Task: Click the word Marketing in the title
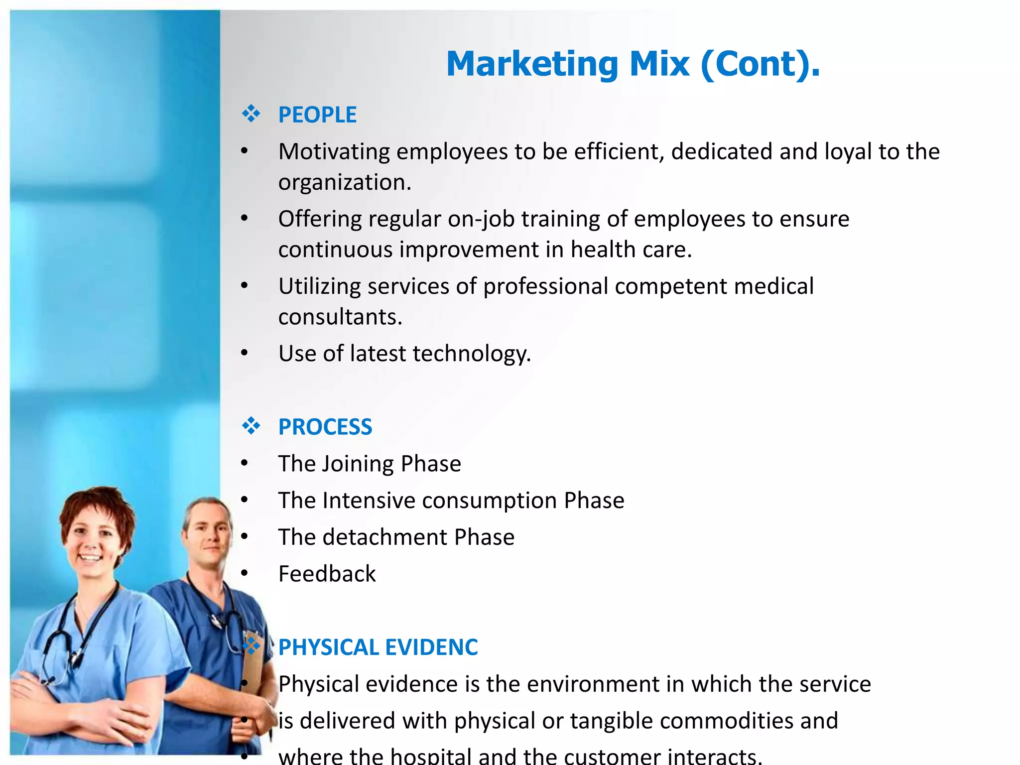point(532,64)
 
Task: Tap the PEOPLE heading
point(317,115)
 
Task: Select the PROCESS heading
point(325,427)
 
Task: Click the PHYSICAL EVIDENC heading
point(378,647)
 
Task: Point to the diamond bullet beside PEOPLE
point(251,114)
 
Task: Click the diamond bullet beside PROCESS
point(251,426)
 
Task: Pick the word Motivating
point(334,152)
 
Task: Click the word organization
point(344,182)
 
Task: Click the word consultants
point(340,317)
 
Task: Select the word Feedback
point(327,574)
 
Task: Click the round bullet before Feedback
point(244,573)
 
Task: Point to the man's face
point(209,538)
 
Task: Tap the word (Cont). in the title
point(760,64)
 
